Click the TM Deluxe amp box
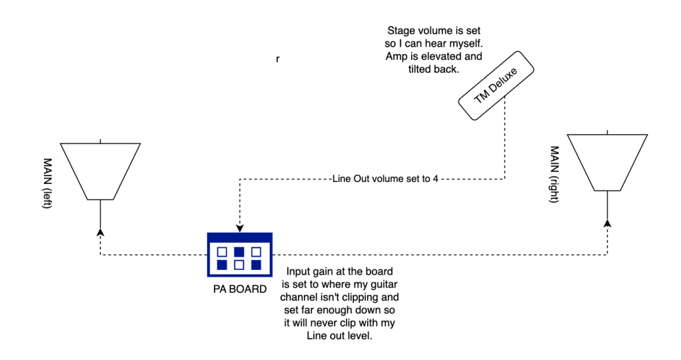(x=497, y=86)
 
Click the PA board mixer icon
(x=240, y=255)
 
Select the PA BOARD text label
(x=240, y=289)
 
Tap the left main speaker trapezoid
(x=100, y=171)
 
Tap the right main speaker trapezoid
(x=607, y=163)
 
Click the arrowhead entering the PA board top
(x=240, y=227)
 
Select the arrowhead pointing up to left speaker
(x=100, y=231)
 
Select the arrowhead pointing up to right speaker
(x=607, y=223)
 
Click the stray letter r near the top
(x=278, y=59)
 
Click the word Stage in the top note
(x=401, y=31)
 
